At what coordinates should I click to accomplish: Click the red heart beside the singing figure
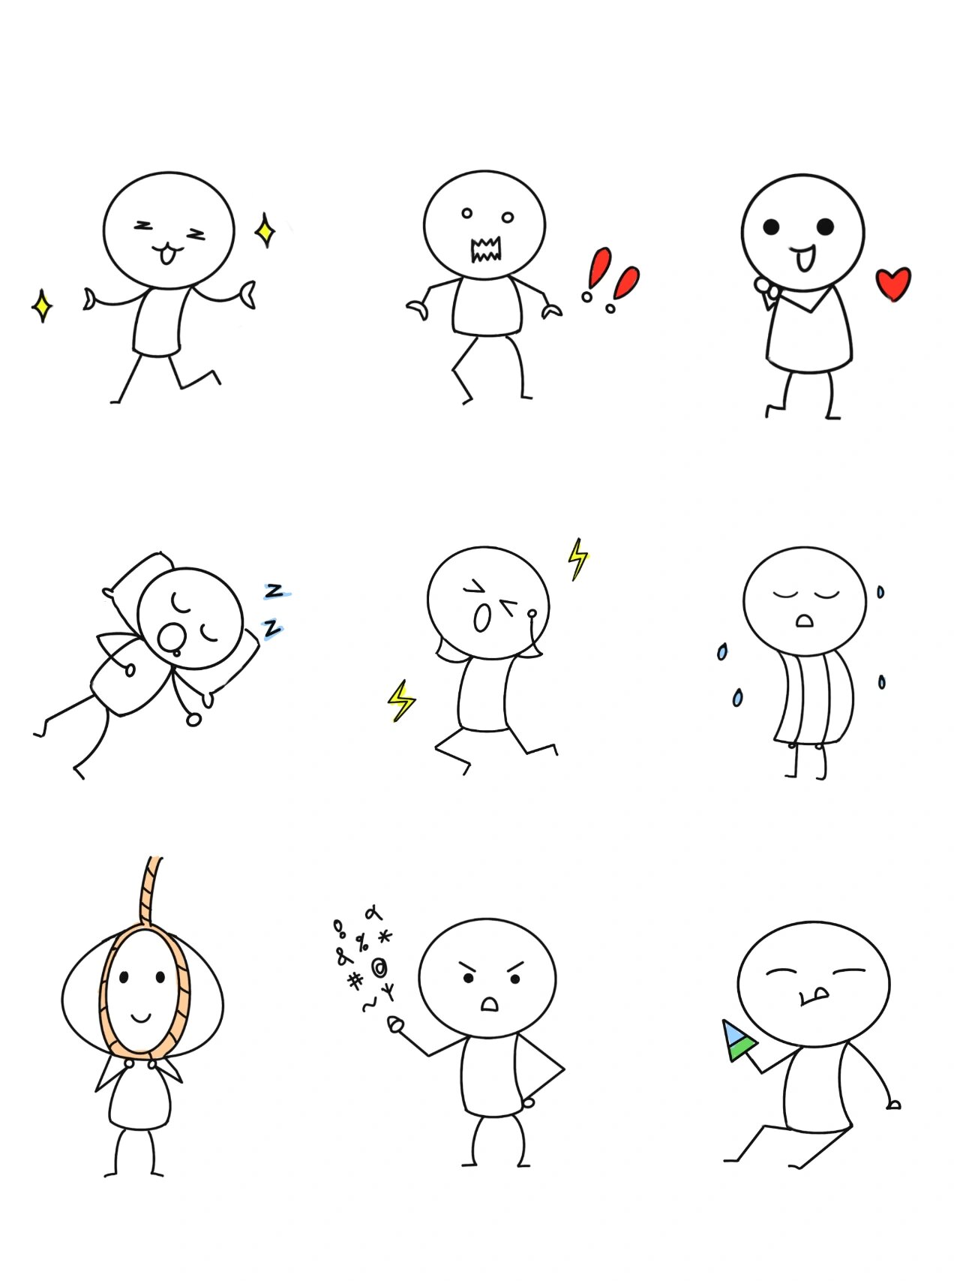click(x=893, y=284)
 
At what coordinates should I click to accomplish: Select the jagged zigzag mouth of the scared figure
click(x=486, y=250)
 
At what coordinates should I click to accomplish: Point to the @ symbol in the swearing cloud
click(x=379, y=966)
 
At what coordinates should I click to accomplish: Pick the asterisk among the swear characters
click(x=385, y=937)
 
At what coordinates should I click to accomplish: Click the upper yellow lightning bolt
click(x=578, y=559)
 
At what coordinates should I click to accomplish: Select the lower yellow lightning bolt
click(x=401, y=701)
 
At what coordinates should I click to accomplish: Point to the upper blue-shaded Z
click(x=276, y=591)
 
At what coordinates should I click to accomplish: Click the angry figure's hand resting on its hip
click(x=529, y=1103)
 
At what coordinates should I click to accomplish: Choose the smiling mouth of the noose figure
click(x=142, y=1018)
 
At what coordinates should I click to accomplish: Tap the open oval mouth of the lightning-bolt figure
click(x=482, y=618)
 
